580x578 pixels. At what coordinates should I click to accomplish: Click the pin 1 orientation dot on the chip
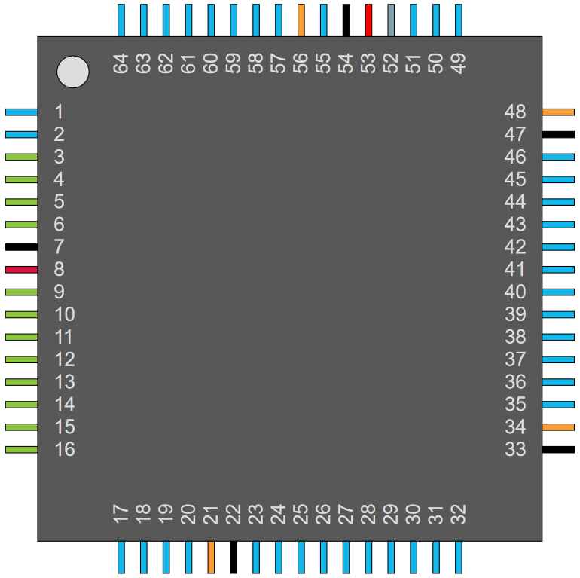point(73,72)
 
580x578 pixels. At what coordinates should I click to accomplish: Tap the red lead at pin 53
point(368,20)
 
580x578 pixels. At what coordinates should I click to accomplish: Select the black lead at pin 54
point(346,20)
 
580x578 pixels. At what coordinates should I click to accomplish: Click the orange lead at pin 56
point(301,20)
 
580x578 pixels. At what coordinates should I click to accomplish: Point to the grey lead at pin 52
point(391,20)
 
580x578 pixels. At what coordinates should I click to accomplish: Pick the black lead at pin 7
point(21,247)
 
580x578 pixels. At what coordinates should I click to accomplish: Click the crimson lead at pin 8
point(21,270)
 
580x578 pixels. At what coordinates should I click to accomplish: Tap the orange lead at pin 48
point(559,112)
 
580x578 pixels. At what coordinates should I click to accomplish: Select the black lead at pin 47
point(559,135)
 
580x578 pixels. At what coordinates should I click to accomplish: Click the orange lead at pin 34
point(559,427)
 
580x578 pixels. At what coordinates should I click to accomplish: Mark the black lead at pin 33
point(559,450)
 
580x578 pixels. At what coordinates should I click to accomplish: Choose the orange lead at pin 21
point(211,558)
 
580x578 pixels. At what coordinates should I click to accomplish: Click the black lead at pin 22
point(234,558)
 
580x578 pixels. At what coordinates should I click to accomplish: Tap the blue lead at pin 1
point(21,112)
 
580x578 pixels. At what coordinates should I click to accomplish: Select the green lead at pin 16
point(21,450)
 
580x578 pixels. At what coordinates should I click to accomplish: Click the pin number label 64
point(121,63)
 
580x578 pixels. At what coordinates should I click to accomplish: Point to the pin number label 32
point(459,515)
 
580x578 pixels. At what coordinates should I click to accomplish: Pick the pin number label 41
point(515,270)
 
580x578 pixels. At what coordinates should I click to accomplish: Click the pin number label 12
point(65,359)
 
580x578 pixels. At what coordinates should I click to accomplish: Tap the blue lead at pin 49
point(459,20)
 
